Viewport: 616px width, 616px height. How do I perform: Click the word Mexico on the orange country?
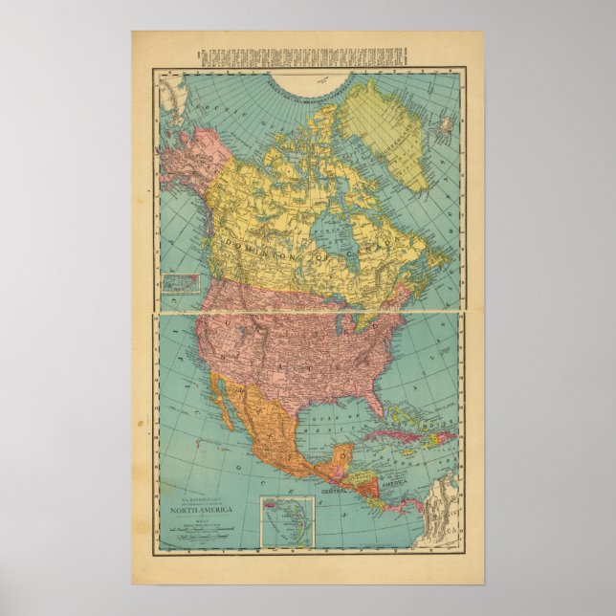point(263,430)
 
